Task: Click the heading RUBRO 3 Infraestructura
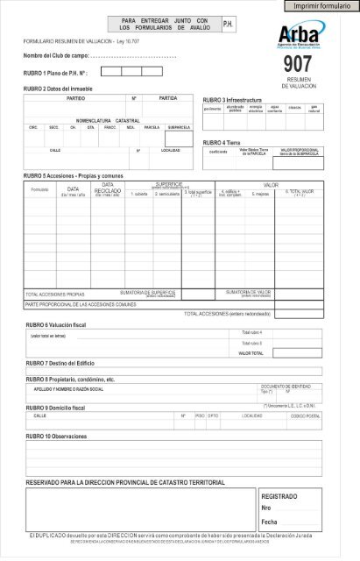tap(235, 100)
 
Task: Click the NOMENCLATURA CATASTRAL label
tap(108, 119)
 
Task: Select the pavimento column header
tap(213, 110)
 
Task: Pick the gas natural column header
tap(314, 109)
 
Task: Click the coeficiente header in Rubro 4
tap(218, 152)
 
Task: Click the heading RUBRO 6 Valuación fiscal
tap(67, 324)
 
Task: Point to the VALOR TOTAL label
tap(251, 353)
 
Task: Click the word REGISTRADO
tap(280, 496)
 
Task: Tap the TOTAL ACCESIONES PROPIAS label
tap(54, 295)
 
